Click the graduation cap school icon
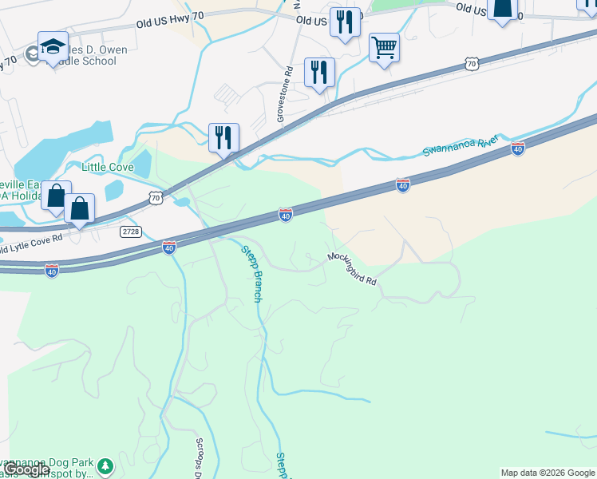(x=52, y=46)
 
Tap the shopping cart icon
(x=384, y=48)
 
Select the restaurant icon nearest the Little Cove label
(x=223, y=137)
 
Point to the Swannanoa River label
(x=460, y=146)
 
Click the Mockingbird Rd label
(x=351, y=270)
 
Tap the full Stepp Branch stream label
(x=251, y=273)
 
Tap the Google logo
(x=26, y=469)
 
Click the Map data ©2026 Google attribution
(x=548, y=473)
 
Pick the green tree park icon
(x=105, y=464)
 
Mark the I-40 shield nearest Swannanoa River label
(x=517, y=148)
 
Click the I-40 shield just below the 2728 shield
(x=169, y=248)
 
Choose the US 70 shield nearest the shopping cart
(x=471, y=62)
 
